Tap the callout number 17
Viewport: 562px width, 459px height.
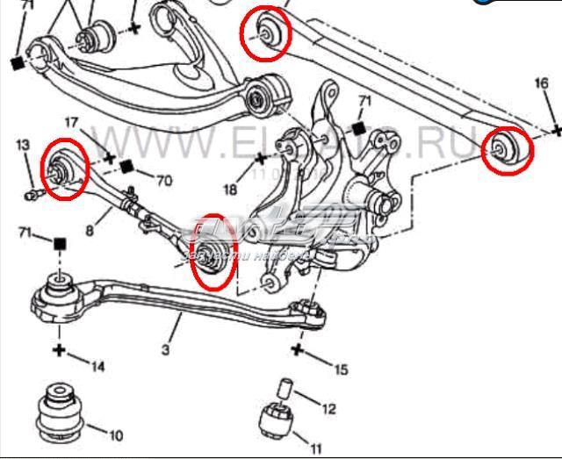point(71,124)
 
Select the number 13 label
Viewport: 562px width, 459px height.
point(23,145)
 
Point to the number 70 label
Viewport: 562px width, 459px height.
point(163,182)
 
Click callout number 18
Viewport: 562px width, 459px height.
point(229,189)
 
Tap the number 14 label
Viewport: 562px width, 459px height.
point(98,366)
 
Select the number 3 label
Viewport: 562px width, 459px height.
point(165,350)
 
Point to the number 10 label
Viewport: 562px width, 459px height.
point(115,434)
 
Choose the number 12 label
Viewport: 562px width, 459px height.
point(328,409)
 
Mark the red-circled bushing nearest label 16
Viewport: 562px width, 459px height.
point(508,150)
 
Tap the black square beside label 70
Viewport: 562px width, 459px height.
point(126,167)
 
